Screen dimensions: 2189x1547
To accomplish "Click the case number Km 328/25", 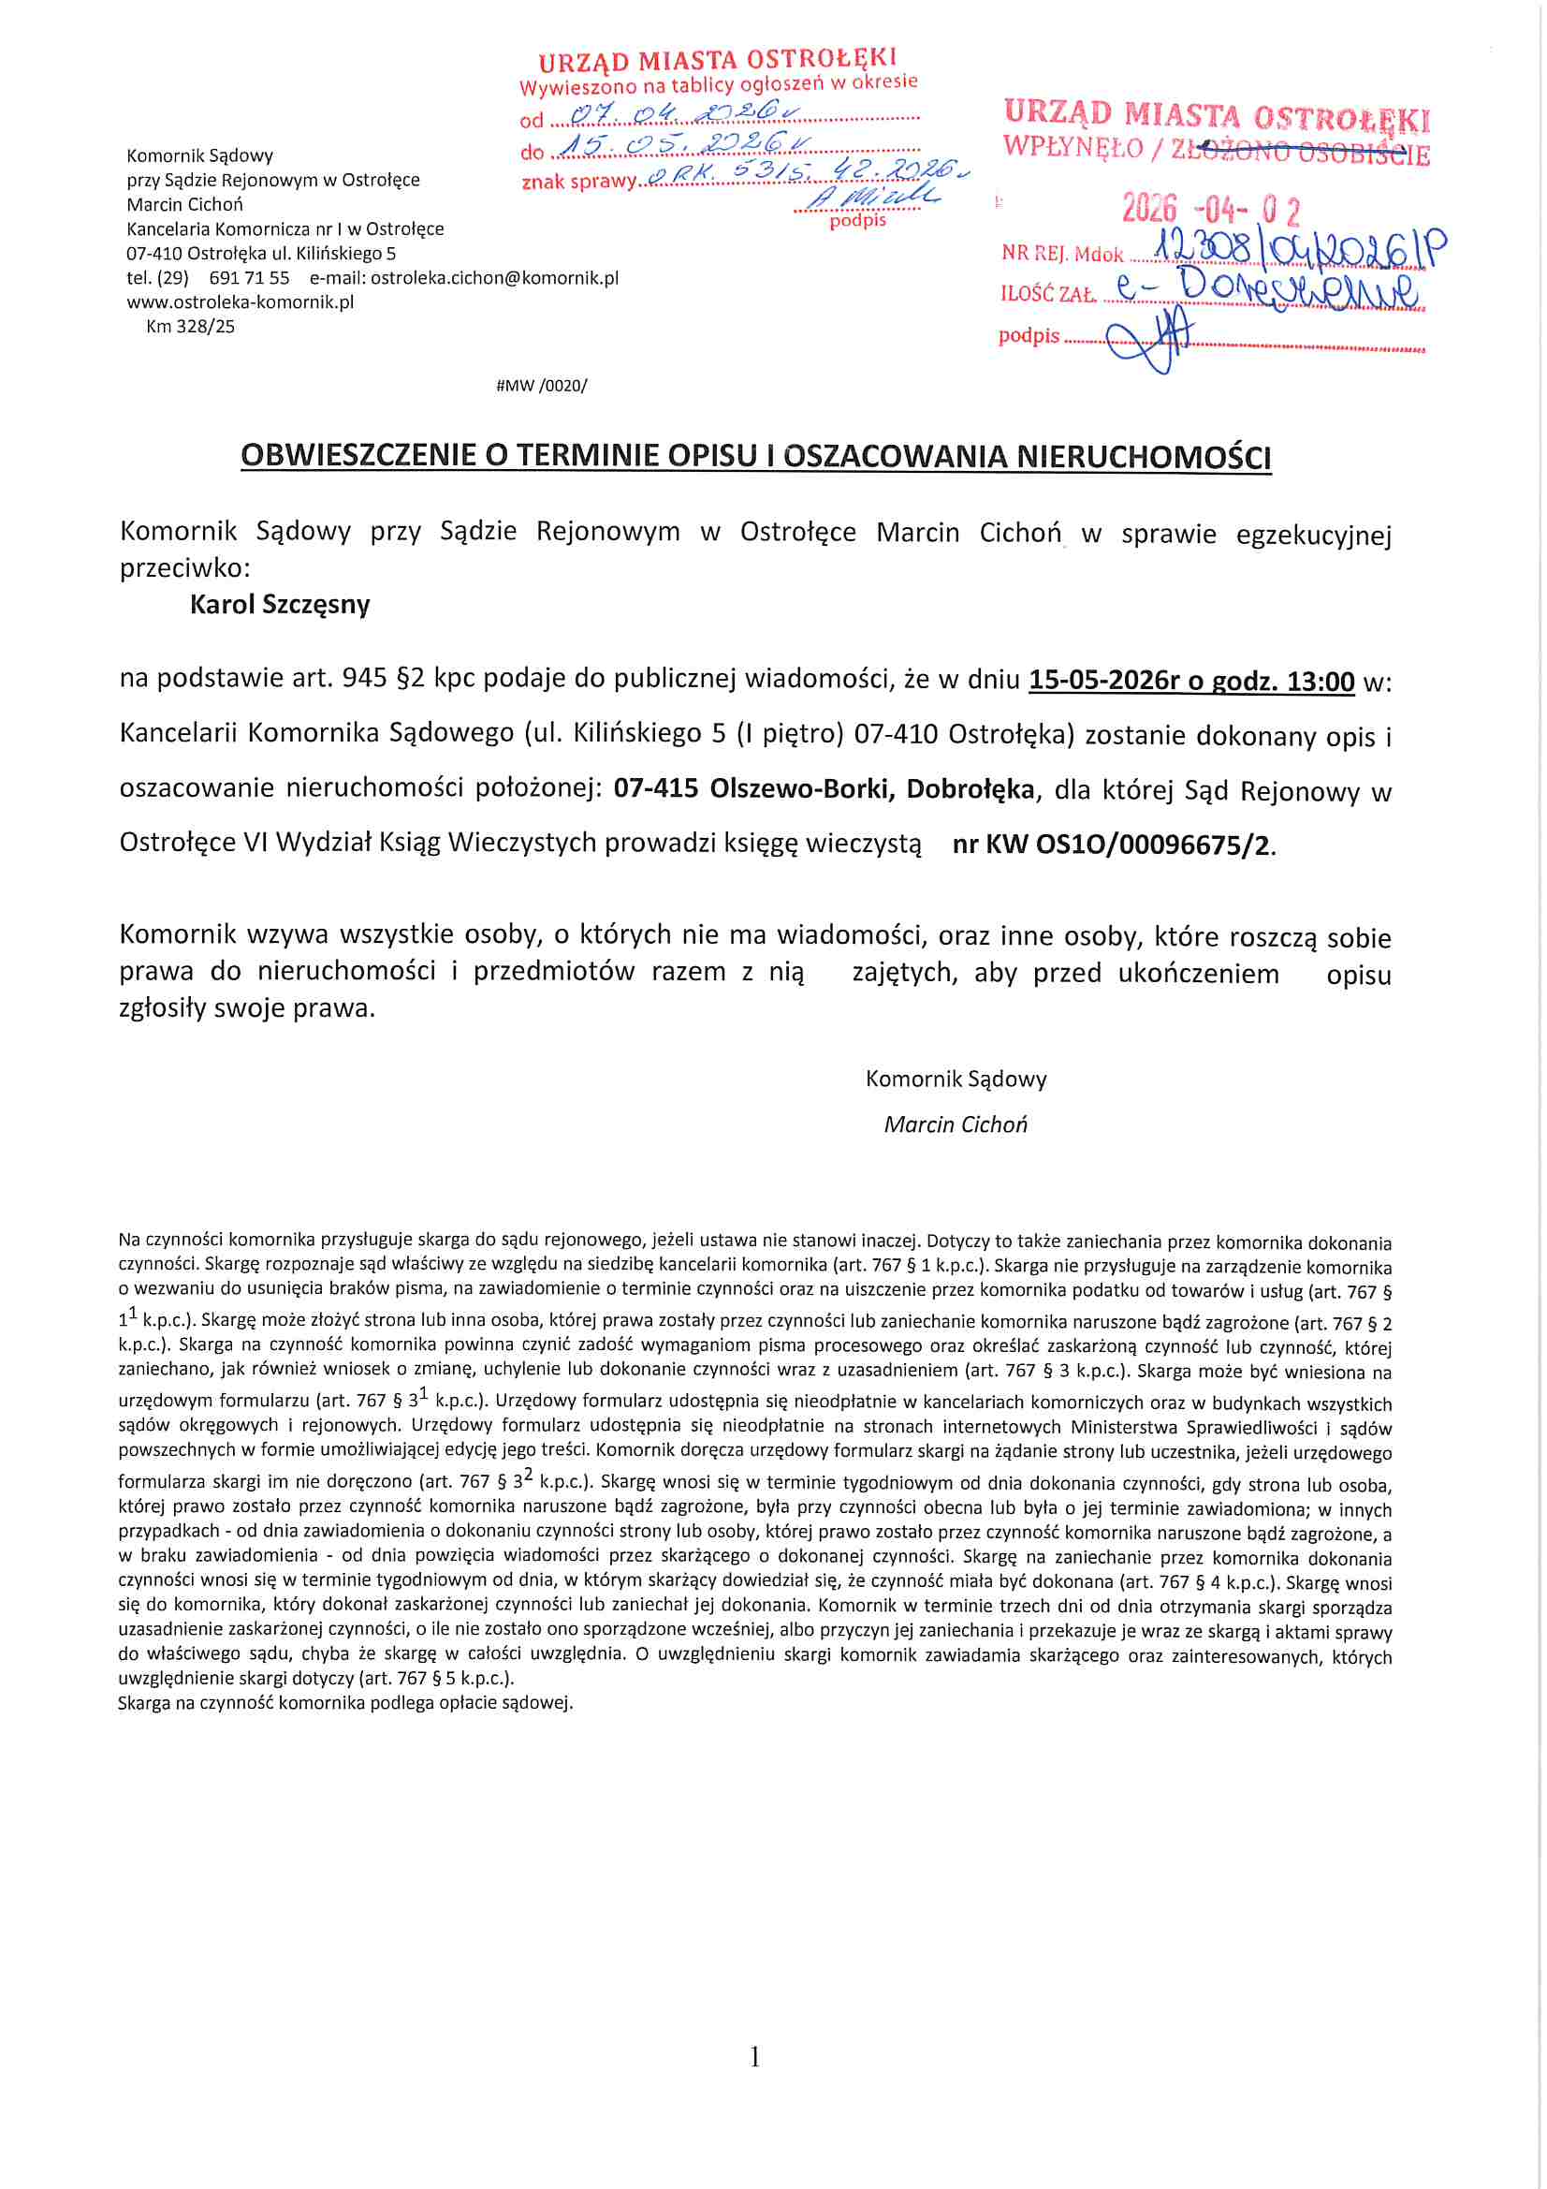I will tap(190, 326).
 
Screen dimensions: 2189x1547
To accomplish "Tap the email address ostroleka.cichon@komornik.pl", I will tap(494, 277).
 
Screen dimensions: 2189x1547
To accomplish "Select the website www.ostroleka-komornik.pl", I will tap(241, 302).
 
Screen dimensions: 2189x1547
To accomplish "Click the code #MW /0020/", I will tap(541, 385).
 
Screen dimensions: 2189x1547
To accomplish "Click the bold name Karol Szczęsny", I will tap(279, 605).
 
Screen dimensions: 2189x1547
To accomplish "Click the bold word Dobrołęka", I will tap(970, 789).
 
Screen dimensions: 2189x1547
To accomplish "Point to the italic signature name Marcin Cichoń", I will tap(956, 1124).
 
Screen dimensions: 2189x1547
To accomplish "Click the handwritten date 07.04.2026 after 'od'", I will tap(684, 114).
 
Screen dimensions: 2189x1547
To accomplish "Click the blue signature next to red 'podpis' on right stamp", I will tap(1148, 338).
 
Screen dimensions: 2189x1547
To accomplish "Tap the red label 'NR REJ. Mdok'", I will tap(1062, 254).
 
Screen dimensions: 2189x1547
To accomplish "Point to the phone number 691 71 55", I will tap(249, 277).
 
